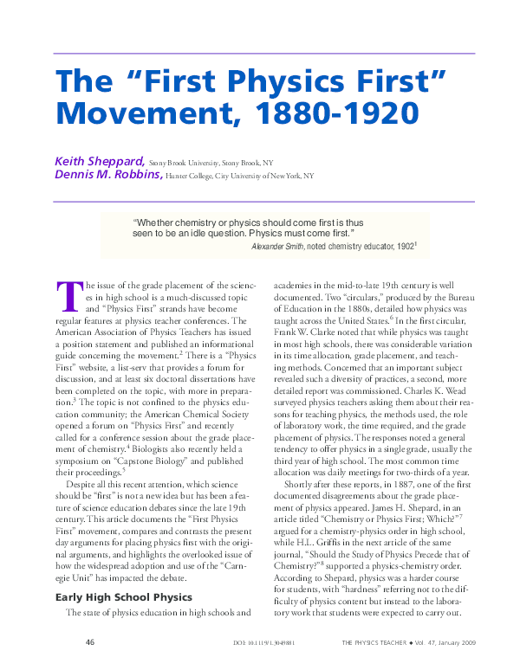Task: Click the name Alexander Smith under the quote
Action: (281, 247)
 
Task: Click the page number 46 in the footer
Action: (89, 643)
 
